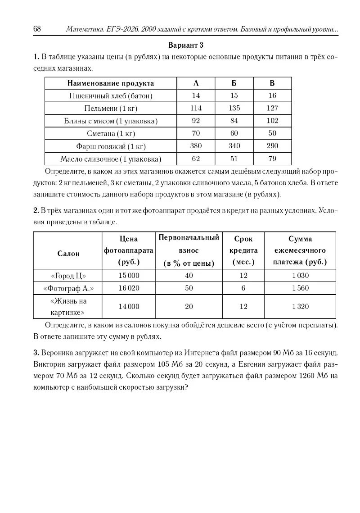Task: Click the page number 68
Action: pos(37,29)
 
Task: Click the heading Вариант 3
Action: pos(186,45)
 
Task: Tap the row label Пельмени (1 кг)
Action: pos(111,109)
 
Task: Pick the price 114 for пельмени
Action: pos(196,108)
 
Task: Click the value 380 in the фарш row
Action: pos(196,146)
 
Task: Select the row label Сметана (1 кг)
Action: pos(111,134)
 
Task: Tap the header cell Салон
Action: pos(68,254)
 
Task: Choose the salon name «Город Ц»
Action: pos(68,276)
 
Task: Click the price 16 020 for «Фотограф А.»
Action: pos(129,288)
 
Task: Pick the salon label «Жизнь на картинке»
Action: pos(68,307)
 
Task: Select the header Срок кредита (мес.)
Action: pos(243,250)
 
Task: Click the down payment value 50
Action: pos(189,288)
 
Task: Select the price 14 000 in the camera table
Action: pos(129,307)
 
